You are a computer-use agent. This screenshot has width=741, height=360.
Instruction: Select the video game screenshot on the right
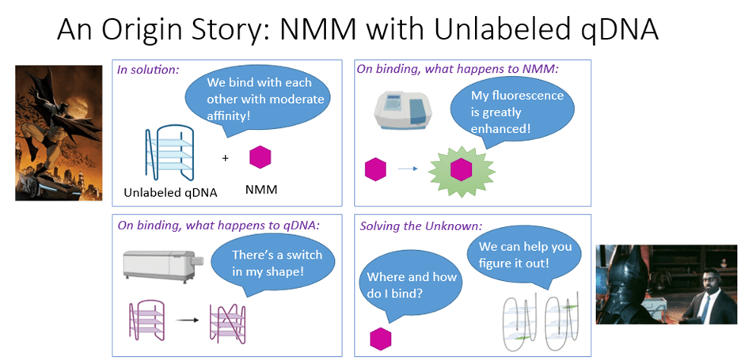point(665,283)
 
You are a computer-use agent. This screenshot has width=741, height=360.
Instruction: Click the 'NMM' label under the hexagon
point(260,191)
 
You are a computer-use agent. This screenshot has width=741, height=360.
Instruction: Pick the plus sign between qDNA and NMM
point(225,158)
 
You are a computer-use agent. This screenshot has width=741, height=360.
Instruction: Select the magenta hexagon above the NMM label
point(260,157)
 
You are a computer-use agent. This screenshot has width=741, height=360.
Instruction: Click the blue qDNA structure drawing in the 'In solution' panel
point(169,152)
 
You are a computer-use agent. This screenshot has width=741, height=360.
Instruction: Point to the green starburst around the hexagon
point(461,169)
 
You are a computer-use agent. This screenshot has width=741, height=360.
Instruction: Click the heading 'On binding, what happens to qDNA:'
point(218,225)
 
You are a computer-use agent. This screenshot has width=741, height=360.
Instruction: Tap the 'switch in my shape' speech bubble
point(272,264)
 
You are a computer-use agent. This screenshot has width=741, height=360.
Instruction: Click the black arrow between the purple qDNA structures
point(188,320)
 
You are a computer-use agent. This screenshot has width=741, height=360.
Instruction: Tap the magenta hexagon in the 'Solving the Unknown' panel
point(381,338)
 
